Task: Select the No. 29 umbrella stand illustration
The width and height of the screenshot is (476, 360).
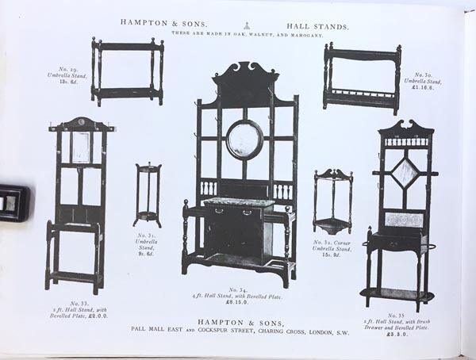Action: (127, 71)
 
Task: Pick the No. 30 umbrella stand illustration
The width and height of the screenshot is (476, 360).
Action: (362, 78)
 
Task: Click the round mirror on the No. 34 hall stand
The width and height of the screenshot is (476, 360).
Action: (244, 140)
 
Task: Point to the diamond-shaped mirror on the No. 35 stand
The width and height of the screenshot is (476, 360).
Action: (405, 171)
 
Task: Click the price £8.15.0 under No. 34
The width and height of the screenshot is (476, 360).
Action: (238, 302)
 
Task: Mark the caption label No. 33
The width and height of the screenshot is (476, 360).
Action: (79, 303)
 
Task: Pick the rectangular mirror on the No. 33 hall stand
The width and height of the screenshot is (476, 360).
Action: (81, 148)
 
